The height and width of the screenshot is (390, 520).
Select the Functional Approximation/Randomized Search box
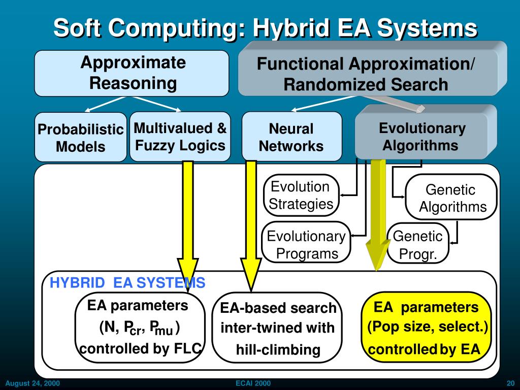pyautogui.click(x=366, y=74)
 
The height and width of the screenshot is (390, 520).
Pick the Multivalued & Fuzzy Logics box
pyautogui.click(x=180, y=136)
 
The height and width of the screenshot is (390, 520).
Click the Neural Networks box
pyautogui.click(x=291, y=137)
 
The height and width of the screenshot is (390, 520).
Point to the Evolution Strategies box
pyautogui.click(x=301, y=196)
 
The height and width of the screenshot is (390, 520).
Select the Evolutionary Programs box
pyautogui.click(x=306, y=244)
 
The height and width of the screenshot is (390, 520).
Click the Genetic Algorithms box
pyautogui.click(x=451, y=198)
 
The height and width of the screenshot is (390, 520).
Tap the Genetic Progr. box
pyautogui.click(x=418, y=245)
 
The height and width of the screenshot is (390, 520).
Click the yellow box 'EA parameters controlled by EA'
pyautogui.click(x=426, y=328)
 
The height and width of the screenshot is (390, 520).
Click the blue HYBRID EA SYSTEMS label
pyautogui.click(x=127, y=283)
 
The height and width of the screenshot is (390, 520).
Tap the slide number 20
pyautogui.click(x=510, y=383)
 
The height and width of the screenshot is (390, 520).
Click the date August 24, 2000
pyautogui.click(x=32, y=383)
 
